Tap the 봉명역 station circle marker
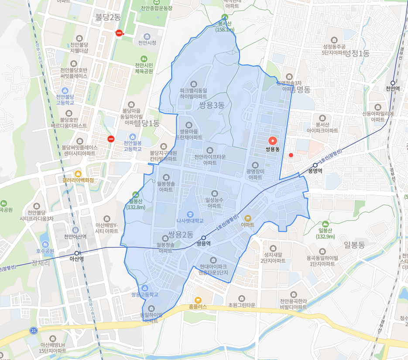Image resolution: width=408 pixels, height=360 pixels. pyautogui.click(x=315, y=165)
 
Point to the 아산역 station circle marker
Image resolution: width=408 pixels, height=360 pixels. pyautogui.click(x=77, y=253)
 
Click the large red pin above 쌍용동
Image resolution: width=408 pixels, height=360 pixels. pyautogui.click(x=273, y=140)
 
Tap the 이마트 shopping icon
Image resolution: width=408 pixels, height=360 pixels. pyautogui.click(x=248, y=217)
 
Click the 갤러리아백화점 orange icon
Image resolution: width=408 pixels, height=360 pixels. pyautogui.click(x=78, y=173)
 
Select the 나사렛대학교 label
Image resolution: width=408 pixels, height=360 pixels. pyautogui.click(x=190, y=221)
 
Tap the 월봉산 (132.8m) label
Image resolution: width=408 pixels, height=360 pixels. pyautogui.click(x=136, y=204)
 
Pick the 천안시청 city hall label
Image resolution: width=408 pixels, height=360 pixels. pyautogui.click(x=147, y=43)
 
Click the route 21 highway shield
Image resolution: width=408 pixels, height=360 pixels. pyautogui.click(x=34, y=331)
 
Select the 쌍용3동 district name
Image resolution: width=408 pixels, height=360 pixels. pyautogui.click(x=212, y=105)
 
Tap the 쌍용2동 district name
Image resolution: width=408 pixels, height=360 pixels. pyautogui.click(x=181, y=235)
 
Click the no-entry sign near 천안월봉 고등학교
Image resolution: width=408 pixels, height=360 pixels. pyautogui.click(x=111, y=139)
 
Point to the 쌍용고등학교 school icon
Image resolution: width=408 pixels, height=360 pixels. pyautogui.click(x=145, y=288)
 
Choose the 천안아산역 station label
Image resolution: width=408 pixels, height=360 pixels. pyautogui.click(x=75, y=237)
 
